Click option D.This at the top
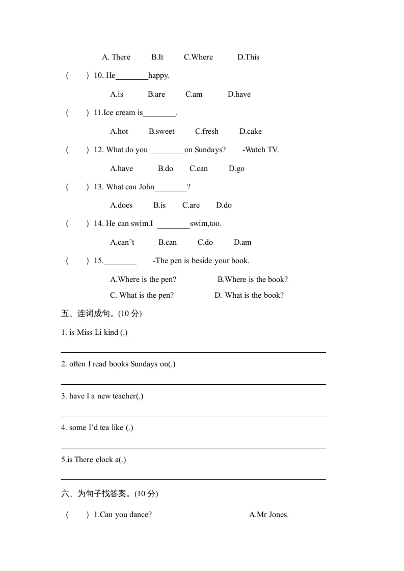248,57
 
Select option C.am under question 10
194,94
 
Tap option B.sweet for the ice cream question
161,131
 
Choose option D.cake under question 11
251,131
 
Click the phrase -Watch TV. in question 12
261,150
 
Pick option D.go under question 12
236,168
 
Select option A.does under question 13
121,205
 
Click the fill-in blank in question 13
171,187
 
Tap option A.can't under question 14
122,242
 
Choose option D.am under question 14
243,242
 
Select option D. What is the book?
249,295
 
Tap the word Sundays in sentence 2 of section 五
144,364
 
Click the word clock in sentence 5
104,460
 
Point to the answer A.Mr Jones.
269,515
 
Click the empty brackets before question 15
77,261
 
